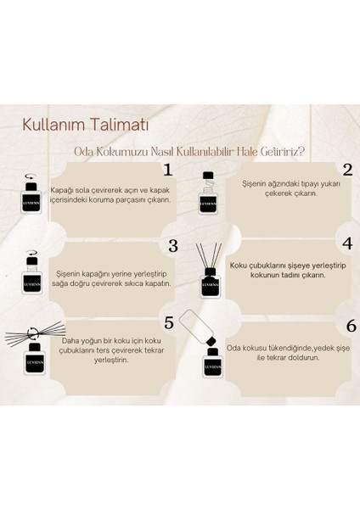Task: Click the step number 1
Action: coord(167,170)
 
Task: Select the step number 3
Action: coord(172,246)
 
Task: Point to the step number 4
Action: coord(347,243)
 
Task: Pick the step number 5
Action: coord(169,322)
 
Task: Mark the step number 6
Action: coord(350,326)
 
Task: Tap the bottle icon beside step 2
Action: coord(208,197)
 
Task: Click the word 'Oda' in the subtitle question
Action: coord(82,152)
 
